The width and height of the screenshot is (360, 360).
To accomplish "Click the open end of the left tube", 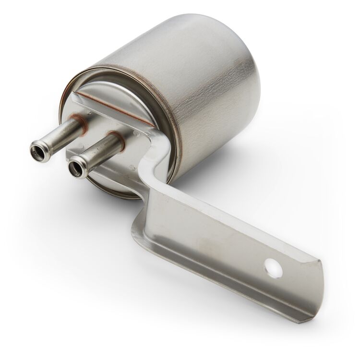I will tap(37, 153).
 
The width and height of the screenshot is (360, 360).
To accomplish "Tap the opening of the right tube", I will tap(76, 168).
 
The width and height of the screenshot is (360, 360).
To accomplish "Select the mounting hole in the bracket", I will tap(273, 268).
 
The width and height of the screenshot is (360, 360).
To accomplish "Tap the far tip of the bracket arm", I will tap(314, 288).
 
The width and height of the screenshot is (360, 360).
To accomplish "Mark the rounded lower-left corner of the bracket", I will tap(137, 226).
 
